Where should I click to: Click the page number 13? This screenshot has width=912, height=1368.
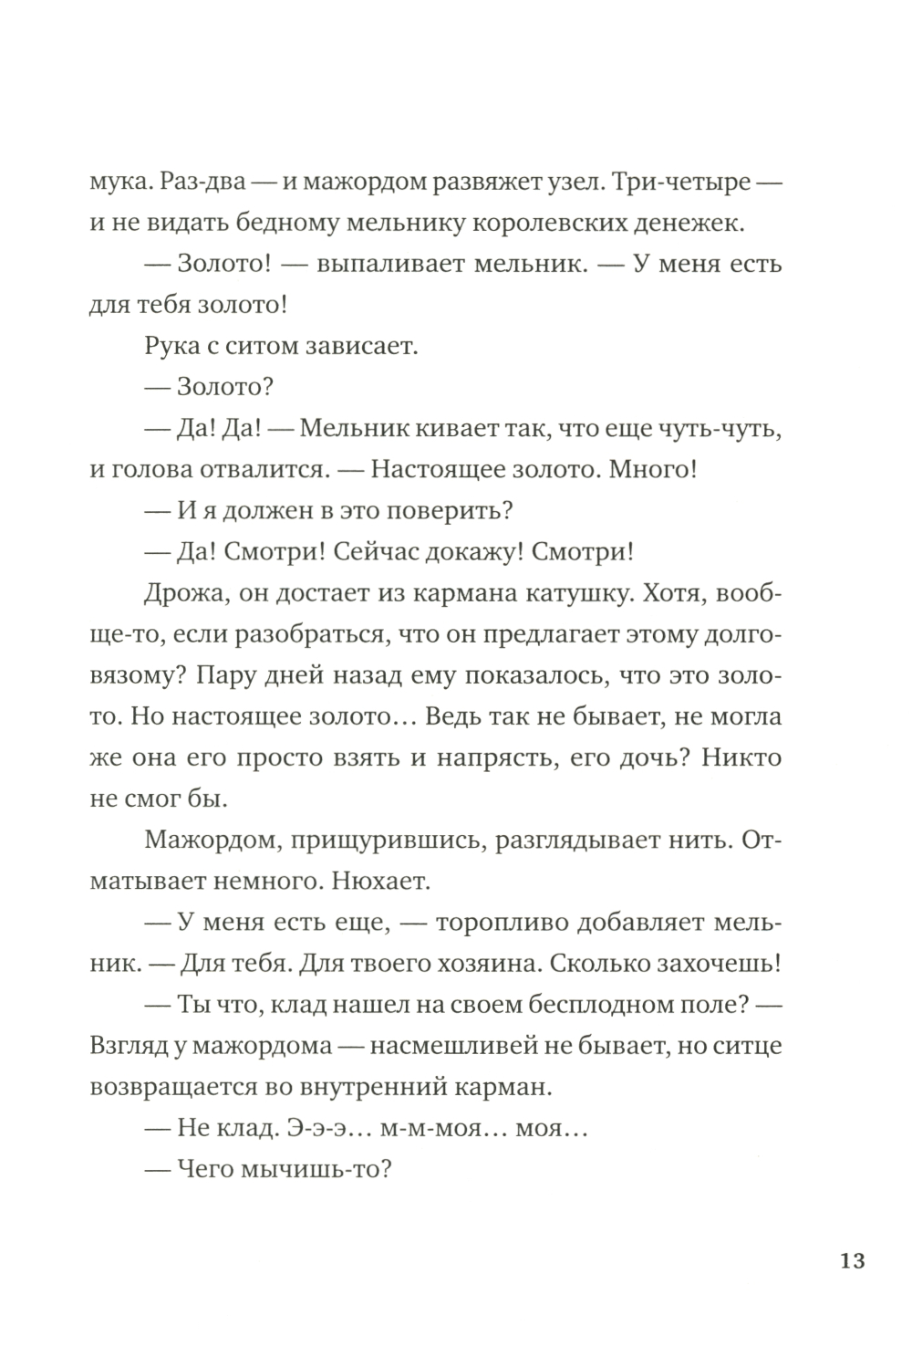coord(851,1261)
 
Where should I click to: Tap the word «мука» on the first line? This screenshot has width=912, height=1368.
coord(120,182)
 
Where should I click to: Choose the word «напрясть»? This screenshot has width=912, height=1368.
coord(518,757)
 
